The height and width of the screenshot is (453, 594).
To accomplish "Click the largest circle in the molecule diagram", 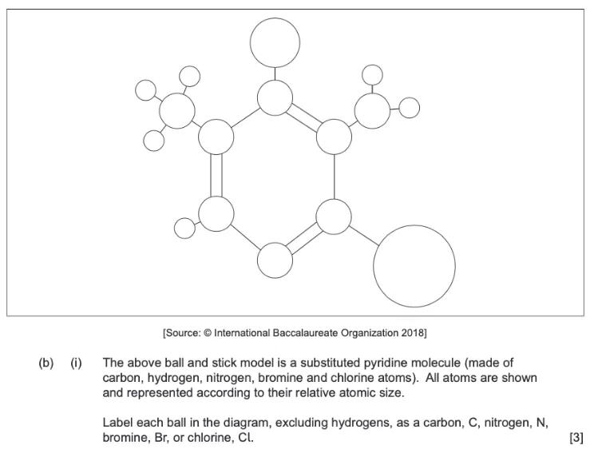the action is click(x=414, y=266).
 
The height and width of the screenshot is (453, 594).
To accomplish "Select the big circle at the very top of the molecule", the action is click(x=275, y=42).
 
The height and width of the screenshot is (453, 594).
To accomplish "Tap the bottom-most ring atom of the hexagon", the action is click(x=275, y=260).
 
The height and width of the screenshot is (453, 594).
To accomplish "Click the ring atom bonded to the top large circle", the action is click(x=275, y=97).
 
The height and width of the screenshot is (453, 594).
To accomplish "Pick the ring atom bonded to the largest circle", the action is click(x=334, y=217).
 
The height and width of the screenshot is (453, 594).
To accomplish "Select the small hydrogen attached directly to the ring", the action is click(x=184, y=228).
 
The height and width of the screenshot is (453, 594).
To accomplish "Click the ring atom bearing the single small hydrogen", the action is click(x=216, y=214).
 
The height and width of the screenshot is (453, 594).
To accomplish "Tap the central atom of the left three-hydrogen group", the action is click(x=177, y=111).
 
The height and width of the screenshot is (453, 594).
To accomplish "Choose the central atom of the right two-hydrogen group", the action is click(x=372, y=110).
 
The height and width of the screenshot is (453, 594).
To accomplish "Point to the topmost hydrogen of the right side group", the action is click(x=372, y=74).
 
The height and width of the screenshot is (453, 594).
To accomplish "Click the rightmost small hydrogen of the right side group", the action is click(x=409, y=108).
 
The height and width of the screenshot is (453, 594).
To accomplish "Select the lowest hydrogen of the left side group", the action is click(x=154, y=141).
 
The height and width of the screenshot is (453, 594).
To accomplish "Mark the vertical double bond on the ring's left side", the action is click(x=216, y=175).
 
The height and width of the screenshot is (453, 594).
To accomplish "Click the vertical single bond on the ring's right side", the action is click(x=334, y=177).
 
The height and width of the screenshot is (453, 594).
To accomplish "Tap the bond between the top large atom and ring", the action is click(x=275, y=74).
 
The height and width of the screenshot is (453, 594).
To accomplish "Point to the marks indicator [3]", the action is click(x=576, y=438).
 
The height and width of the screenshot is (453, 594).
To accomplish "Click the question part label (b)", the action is click(x=46, y=363).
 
